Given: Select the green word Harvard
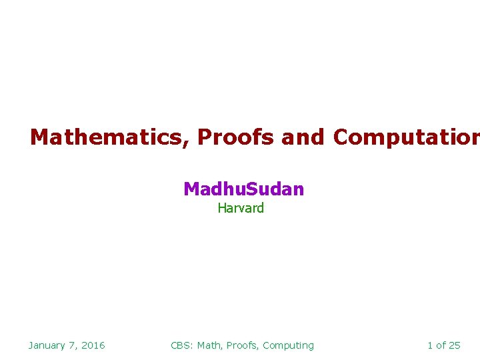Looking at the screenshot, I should point(241,208).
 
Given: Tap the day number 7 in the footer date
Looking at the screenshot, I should point(75,345).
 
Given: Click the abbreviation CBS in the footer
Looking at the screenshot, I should point(181,345).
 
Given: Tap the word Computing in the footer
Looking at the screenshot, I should point(288,345).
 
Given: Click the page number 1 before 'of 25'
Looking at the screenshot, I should point(430,345).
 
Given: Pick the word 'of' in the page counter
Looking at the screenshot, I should point(441,345).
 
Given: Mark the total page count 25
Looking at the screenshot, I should point(455,345).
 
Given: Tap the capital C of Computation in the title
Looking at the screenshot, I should point(341,137).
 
